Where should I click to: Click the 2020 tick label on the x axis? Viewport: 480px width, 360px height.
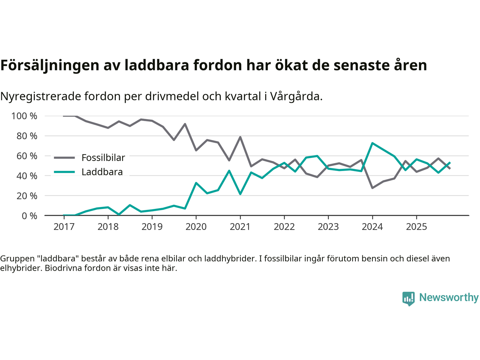pos(196,227)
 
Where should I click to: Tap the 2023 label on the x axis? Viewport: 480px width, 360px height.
pos(328,227)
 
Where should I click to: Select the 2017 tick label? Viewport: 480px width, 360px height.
pos(64,227)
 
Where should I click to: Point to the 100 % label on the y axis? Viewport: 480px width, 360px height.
pos(24,116)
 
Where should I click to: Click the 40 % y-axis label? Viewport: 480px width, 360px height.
pos(27,176)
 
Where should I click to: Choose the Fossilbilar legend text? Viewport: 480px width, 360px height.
pos(103,158)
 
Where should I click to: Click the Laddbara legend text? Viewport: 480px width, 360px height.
pos(102,172)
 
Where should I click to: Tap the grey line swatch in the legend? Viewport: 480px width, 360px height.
pos(64,158)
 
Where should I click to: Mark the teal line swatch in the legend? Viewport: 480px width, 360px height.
pos(64,172)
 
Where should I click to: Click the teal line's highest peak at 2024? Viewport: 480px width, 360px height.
pos(372,143)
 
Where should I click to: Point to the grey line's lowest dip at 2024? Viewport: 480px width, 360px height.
pos(372,188)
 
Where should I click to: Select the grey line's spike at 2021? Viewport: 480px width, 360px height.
pos(240,137)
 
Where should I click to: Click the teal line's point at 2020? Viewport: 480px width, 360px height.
pos(196,183)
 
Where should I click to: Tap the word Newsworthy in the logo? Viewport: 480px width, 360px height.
pos(449,297)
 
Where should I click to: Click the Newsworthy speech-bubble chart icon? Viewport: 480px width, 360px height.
pos(408,298)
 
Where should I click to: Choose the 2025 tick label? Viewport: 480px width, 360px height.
pos(416,227)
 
